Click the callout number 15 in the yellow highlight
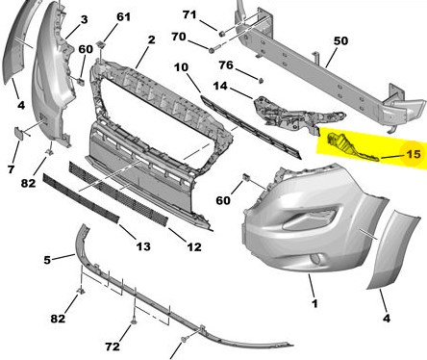414,154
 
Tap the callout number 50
340,40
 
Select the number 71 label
189,14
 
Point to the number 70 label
179,37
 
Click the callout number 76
226,65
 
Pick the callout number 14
220,86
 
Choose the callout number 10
181,67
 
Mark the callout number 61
123,16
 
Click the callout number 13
143,246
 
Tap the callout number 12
194,247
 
